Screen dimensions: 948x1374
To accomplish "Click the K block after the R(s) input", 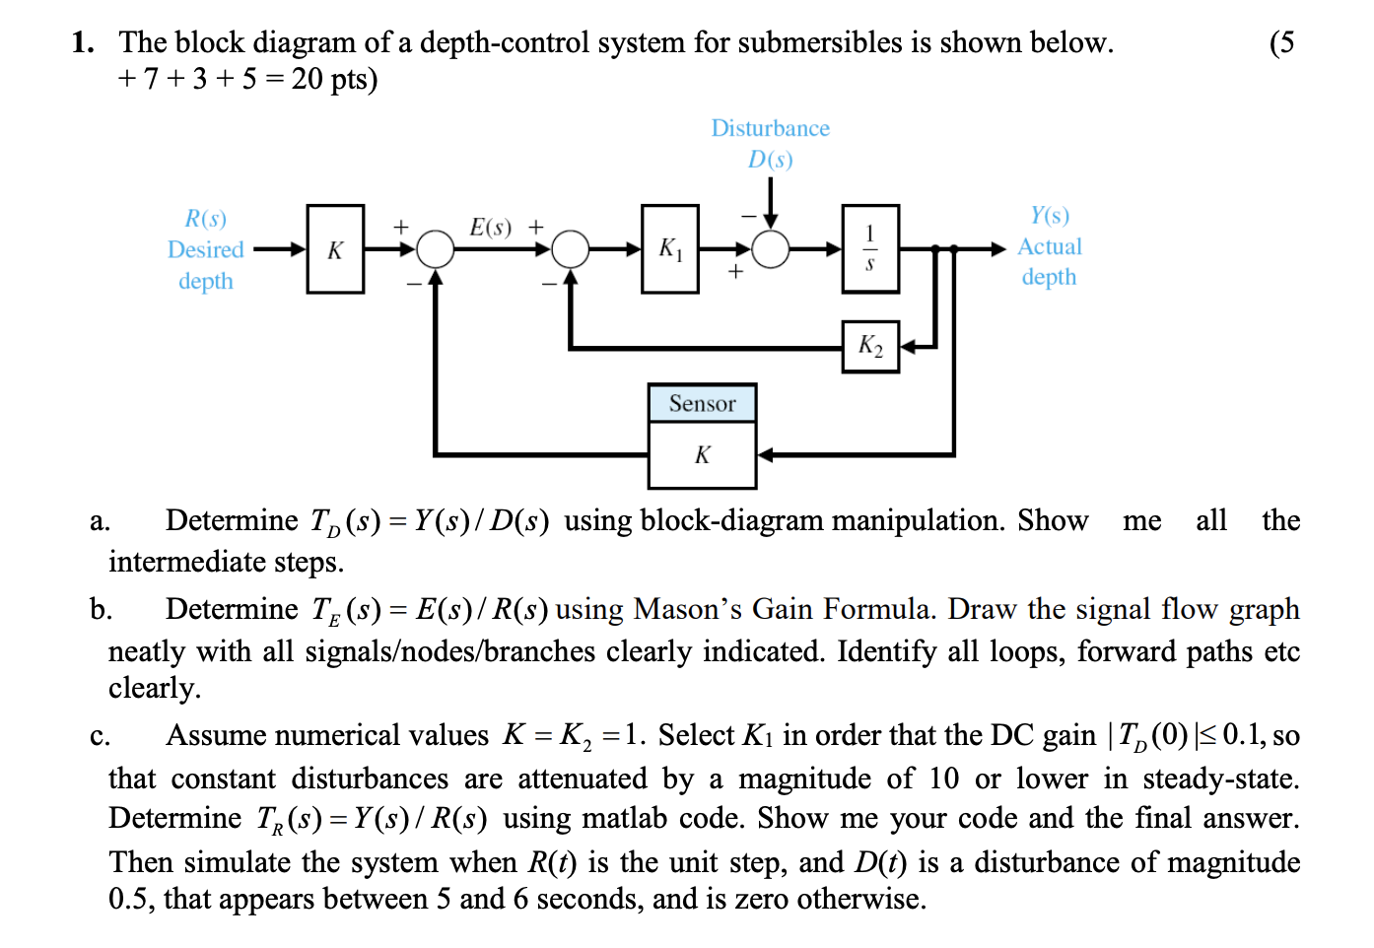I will pyautogui.click(x=335, y=249).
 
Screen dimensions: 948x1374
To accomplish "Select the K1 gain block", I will pyautogui.click(x=670, y=249).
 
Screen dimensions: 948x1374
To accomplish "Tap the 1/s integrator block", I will pyautogui.click(x=869, y=249).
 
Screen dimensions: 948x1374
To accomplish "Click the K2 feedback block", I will pyautogui.click(x=870, y=346).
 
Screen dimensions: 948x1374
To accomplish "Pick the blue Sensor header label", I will pyautogui.click(x=702, y=404).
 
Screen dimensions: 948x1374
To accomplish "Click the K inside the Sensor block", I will pyautogui.click(x=702, y=455).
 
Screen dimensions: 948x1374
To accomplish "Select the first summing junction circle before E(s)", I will pyautogui.click(x=435, y=249).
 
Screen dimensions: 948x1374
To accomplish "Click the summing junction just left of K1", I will pyautogui.click(x=570, y=249).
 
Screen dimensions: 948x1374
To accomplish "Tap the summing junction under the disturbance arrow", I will pyautogui.click(x=771, y=249).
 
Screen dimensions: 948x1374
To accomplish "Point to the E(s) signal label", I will pyautogui.click(x=490, y=228).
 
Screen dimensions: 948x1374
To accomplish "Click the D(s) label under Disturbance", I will pyautogui.click(x=770, y=160).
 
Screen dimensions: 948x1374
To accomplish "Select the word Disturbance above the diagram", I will pyautogui.click(x=770, y=128).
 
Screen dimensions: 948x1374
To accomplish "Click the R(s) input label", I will pyautogui.click(x=205, y=218).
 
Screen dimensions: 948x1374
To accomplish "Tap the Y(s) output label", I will pyautogui.click(x=1050, y=216).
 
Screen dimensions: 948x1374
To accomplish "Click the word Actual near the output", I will pyautogui.click(x=1050, y=246).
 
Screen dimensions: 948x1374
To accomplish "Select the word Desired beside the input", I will pyautogui.click(x=205, y=249).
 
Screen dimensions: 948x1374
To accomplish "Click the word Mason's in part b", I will pyautogui.click(x=687, y=609).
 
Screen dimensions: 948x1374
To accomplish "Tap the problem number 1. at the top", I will pyautogui.click(x=83, y=42).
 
